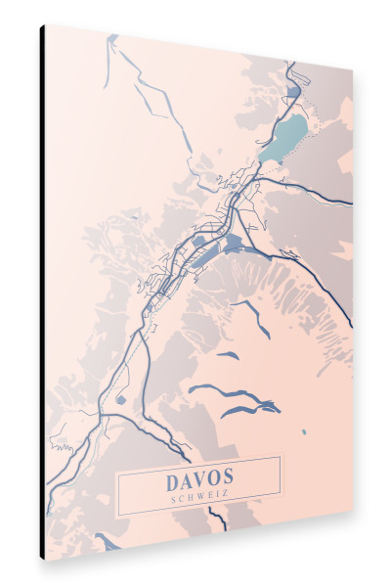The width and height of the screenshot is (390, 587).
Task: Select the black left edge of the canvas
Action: [42, 293]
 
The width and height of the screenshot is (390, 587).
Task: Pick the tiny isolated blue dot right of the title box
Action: [304, 431]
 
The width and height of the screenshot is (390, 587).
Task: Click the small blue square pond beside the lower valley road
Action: [120, 399]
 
